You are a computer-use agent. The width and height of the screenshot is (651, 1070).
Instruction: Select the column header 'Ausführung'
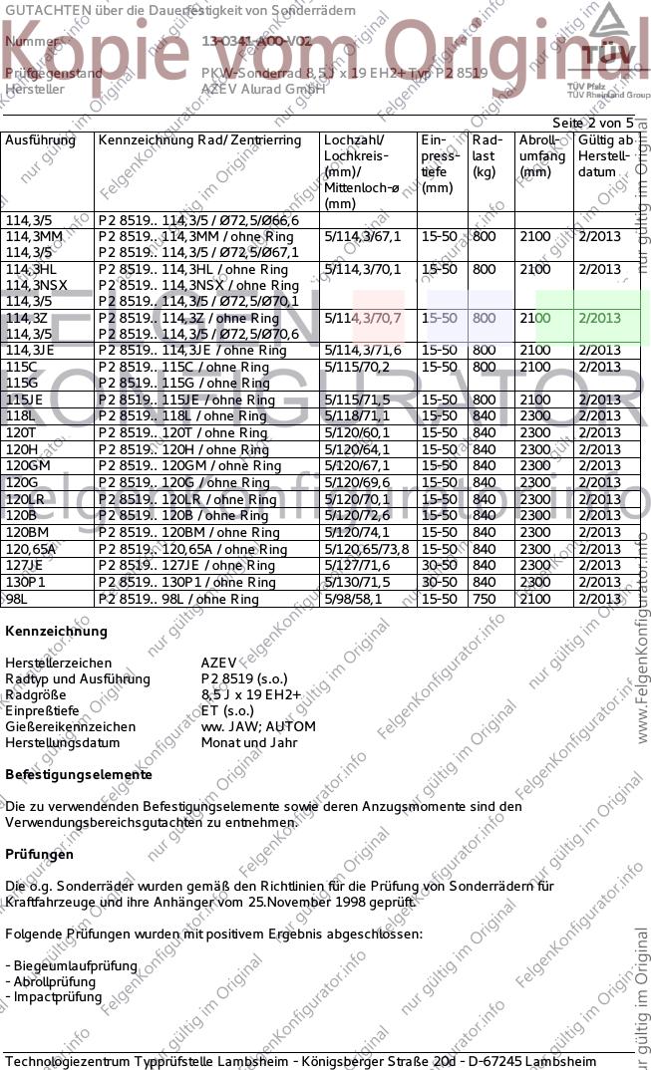[x=40, y=140]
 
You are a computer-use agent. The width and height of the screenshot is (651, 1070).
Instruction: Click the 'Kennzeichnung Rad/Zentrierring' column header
[x=199, y=140]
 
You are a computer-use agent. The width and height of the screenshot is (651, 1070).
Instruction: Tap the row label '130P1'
[x=26, y=582]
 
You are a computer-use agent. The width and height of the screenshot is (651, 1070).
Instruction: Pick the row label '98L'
[x=17, y=599]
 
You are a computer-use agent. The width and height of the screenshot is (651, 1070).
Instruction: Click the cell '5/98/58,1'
[x=353, y=599]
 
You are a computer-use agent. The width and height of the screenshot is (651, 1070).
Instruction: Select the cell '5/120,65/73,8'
[x=366, y=549]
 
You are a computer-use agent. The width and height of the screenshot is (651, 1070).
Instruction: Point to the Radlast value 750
[x=484, y=599]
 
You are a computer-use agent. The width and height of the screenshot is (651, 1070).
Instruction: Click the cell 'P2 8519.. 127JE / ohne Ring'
[x=186, y=565]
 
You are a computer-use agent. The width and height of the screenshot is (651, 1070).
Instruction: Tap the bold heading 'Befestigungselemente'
[x=79, y=774]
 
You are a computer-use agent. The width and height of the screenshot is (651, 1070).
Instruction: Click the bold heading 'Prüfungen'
[x=39, y=854]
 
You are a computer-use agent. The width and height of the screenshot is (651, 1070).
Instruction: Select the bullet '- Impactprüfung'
[x=52, y=997]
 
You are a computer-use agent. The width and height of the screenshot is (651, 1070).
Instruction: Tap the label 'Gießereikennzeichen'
[x=70, y=726]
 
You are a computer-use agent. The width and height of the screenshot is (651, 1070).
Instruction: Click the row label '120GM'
[x=28, y=465]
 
